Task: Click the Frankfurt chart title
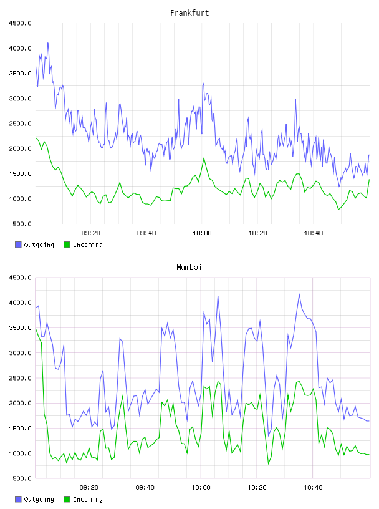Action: pyautogui.click(x=189, y=13)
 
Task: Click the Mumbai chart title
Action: pyautogui.click(x=189, y=268)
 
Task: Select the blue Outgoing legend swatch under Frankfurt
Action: pyautogui.click(x=18, y=245)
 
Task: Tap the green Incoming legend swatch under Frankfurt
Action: pyautogui.click(x=67, y=245)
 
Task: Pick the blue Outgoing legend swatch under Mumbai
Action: pyautogui.click(x=18, y=499)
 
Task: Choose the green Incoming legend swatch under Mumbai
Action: pyautogui.click(x=67, y=499)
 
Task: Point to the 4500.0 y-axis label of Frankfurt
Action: pyautogui.click(x=20, y=23)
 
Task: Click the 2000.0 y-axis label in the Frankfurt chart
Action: pyautogui.click(x=20, y=148)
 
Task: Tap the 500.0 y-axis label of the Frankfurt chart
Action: pyautogui.click(x=22, y=224)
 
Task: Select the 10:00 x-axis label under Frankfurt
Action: pyautogui.click(x=202, y=233)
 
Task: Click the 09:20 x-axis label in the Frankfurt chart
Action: pyautogui.click(x=91, y=233)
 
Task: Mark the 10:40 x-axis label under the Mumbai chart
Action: pyautogui.click(x=313, y=488)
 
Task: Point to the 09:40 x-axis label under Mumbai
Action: pyautogui.click(x=145, y=488)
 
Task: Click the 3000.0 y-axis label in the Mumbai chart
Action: pyautogui.click(x=20, y=353)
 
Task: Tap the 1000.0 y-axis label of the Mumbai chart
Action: pyautogui.click(x=20, y=453)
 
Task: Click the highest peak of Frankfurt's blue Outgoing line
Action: pyautogui.click(x=48, y=43)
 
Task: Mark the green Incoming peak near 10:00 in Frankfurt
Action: pyautogui.click(x=204, y=158)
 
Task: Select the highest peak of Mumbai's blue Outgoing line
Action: pyautogui.click(x=299, y=294)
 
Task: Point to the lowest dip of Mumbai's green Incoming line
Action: pyautogui.click(x=268, y=464)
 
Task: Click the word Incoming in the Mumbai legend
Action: pyautogui.click(x=88, y=499)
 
